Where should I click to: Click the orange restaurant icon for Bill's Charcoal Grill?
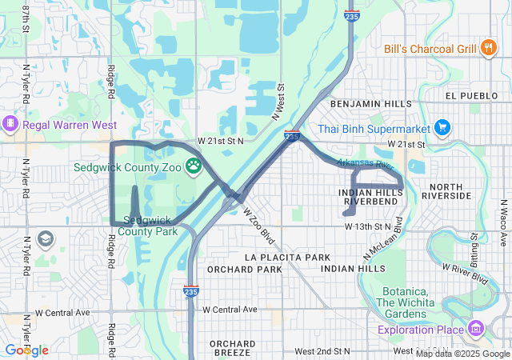488,49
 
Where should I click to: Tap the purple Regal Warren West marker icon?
11,125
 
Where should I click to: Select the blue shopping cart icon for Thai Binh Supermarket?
442,127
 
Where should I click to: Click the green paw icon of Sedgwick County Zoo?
194,167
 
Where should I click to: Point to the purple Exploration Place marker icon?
477,328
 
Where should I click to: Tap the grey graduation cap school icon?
46,238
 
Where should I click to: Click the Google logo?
26,350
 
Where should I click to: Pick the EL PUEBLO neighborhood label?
472,95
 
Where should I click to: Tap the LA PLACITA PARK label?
288,257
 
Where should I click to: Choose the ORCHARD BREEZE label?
233,348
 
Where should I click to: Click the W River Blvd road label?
466,275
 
